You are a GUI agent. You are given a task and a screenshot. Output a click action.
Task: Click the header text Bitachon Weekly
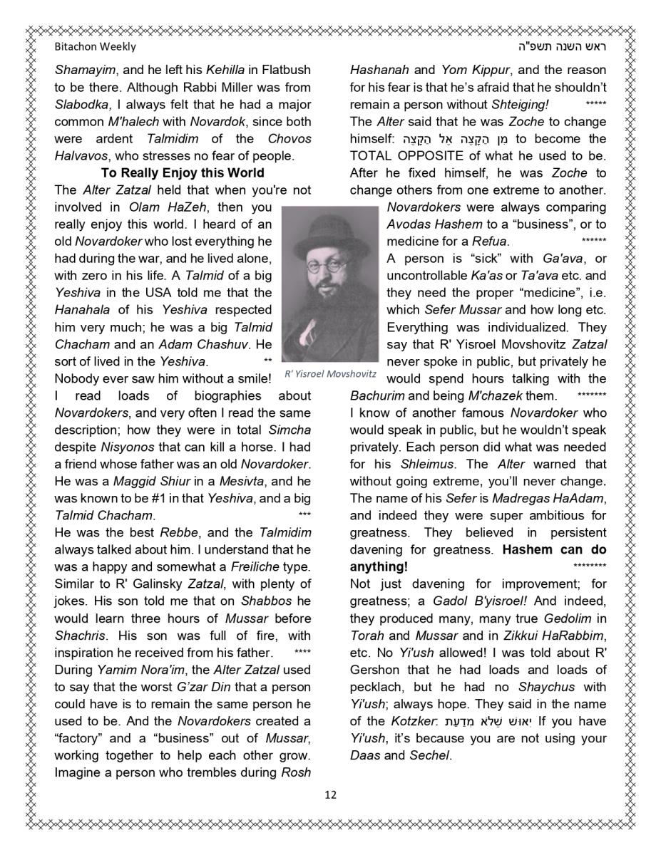(x=95, y=47)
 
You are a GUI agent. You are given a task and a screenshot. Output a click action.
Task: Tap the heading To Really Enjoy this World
(x=183, y=172)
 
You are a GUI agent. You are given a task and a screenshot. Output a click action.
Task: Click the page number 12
(x=330, y=794)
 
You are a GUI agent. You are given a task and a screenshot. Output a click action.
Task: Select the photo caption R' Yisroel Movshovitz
(x=330, y=374)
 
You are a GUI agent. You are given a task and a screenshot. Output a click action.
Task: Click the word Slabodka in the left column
(x=78, y=104)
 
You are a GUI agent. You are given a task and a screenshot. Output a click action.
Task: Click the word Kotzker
(x=414, y=721)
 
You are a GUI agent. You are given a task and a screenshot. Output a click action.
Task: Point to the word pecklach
(x=376, y=687)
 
